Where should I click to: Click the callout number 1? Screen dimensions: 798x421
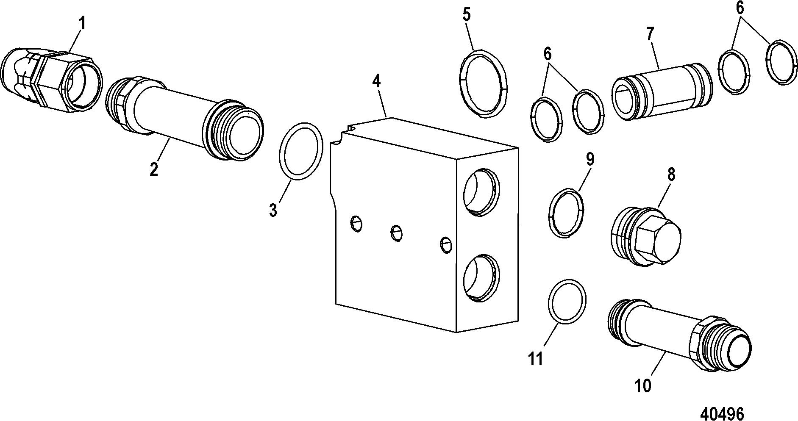[82, 23]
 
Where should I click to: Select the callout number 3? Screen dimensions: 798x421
[273, 209]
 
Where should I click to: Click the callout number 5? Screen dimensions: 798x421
[466, 15]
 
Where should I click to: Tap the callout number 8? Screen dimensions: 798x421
[671, 174]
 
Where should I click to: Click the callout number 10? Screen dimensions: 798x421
[643, 386]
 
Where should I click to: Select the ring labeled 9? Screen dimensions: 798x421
[566, 214]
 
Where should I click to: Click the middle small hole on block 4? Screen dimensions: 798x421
[397, 233]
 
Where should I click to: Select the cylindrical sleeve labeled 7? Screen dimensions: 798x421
[661, 91]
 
